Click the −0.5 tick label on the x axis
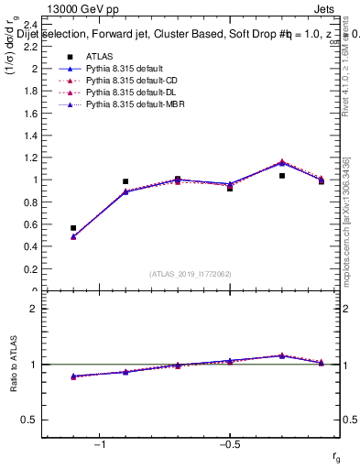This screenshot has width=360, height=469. pyautogui.click(x=229, y=444)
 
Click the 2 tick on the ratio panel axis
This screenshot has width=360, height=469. pyautogui.click(x=32, y=309)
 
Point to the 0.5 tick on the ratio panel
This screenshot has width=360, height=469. pyautogui.click(x=27, y=420)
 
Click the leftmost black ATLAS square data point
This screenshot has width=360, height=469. pyautogui.click(x=73, y=228)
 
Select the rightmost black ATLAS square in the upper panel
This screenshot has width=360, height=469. pyautogui.click(x=322, y=181)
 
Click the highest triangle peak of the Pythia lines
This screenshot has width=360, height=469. pyautogui.click(x=282, y=162)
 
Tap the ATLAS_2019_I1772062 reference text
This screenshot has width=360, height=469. pyautogui.click(x=191, y=274)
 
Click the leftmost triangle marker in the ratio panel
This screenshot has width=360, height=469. pyautogui.click(x=73, y=376)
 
